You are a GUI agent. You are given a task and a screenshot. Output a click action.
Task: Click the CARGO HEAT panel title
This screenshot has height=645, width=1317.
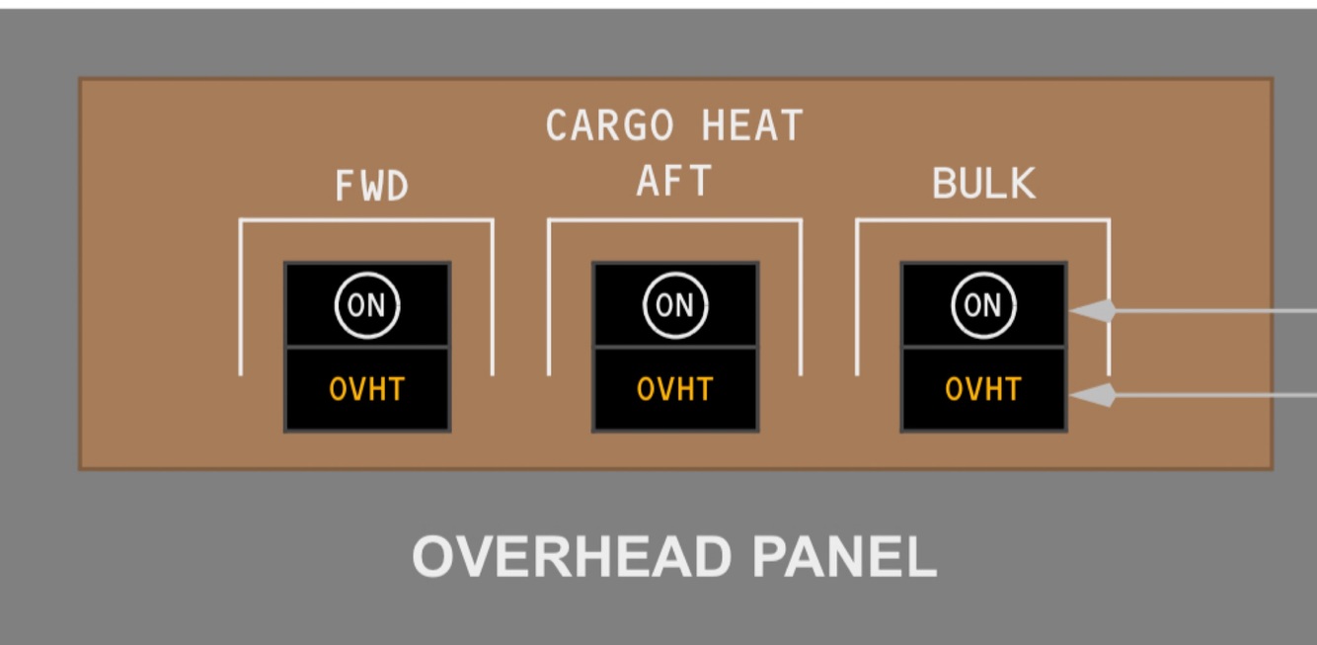pyautogui.click(x=674, y=126)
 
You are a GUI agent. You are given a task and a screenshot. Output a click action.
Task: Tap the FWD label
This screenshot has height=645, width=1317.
pyautogui.click(x=371, y=186)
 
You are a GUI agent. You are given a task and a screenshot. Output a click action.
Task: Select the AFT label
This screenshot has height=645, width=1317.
pyautogui.click(x=674, y=182)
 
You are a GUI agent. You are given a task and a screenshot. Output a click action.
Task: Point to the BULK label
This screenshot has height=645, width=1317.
pyautogui.click(x=983, y=184)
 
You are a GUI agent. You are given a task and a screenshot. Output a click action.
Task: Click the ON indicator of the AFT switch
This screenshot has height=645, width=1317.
pyautogui.click(x=674, y=305)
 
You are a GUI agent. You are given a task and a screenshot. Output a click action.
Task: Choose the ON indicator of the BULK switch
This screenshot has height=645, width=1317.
pyautogui.click(x=982, y=305)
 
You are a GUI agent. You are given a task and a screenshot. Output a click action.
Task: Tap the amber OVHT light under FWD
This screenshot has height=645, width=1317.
pyautogui.click(x=367, y=389)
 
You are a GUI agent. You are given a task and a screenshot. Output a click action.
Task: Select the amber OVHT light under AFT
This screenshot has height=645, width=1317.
pyautogui.click(x=674, y=389)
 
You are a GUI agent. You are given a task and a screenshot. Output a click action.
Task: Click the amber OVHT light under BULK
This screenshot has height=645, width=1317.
pyautogui.click(x=982, y=389)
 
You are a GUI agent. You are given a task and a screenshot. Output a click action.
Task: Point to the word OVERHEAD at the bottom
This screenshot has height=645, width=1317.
pyautogui.click(x=572, y=557)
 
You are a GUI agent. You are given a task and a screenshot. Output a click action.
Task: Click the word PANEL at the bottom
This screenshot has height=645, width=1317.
pyautogui.click(x=844, y=557)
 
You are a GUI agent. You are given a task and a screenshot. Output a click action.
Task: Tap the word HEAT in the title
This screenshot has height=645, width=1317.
pyautogui.click(x=752, y=126)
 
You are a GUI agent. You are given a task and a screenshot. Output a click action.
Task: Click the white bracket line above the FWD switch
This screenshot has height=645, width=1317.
pyautogui.click(x=366, y=220)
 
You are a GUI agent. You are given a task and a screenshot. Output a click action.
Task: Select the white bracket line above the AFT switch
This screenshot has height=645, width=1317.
pyautogui.click(x=674, y=220)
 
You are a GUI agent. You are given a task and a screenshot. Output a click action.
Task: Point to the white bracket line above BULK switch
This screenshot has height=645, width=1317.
pyautogui.click(x=982, y=220)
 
